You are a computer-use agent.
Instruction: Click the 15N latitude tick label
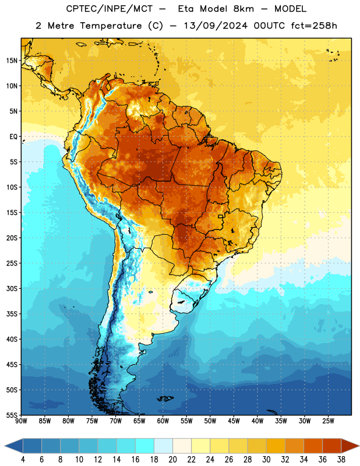click(12, 61)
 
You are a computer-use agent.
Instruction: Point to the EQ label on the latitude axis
click(13, 137)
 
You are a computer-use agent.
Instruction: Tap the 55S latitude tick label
click(12, 415)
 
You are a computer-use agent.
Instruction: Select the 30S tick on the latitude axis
click(12, 288)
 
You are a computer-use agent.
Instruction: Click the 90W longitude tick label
click(21, 421)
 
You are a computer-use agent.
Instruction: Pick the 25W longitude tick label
click(328, 421)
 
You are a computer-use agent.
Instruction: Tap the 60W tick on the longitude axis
click(163, 421)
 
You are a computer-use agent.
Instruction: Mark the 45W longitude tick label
click(234, 421)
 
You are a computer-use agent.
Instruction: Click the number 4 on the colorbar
click(23, 460)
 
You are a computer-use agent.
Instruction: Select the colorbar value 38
click(341, 460)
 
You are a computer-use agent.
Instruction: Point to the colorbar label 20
click(172, 460)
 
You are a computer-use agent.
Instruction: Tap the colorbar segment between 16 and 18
click(145, 446)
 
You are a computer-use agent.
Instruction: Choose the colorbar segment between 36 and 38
click(332, 446)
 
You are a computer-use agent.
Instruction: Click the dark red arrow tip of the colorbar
click(359, 446)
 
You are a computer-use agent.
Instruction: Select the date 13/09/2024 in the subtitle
click(215, 26)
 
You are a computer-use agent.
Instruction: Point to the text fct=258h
click(314, 26)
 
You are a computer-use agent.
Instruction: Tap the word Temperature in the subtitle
click(111, 26)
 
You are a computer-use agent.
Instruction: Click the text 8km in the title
click(243, 9)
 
